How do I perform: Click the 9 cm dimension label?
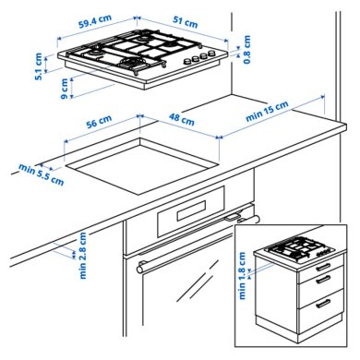pos(64,90)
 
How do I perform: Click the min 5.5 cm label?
pos(40,174)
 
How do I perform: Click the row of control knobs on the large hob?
pos(196,59)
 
